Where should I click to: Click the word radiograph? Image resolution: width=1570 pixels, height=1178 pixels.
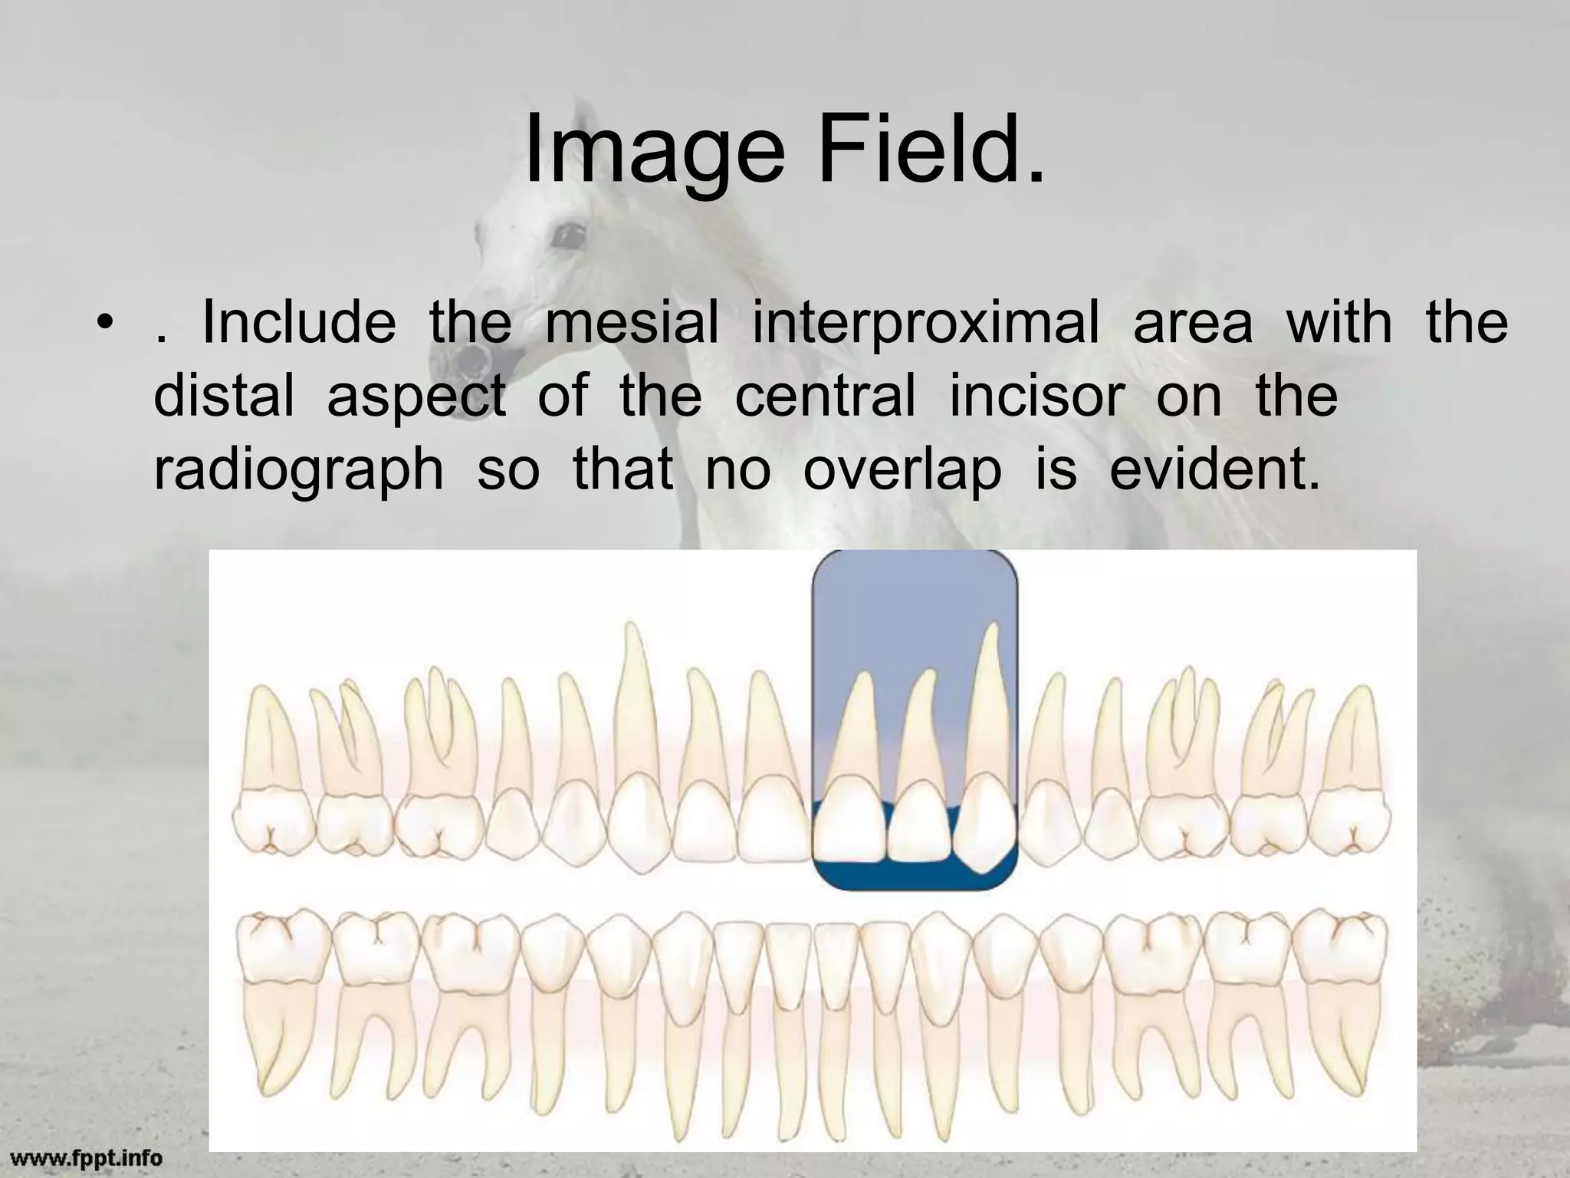pos(298,471)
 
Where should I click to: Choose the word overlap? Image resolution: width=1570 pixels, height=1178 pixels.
pos(902,469)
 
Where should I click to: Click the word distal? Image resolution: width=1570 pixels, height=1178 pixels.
pos(224,396)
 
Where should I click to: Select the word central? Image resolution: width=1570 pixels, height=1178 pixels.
pos(825,396)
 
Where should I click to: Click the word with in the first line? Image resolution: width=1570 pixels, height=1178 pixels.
pos(1338,322)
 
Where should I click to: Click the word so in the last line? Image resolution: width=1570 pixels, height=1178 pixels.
pos(507,469)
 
